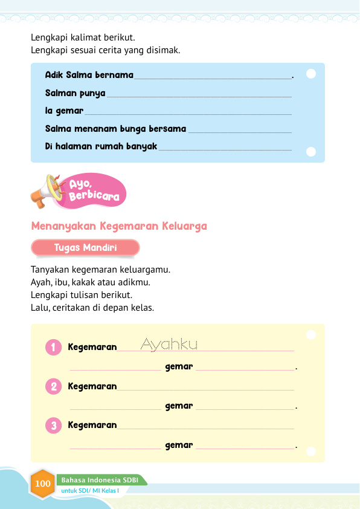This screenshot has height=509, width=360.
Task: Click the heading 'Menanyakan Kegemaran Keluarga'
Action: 119,227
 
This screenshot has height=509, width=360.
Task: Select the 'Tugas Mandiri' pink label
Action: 85,248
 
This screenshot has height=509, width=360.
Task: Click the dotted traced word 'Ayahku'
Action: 169,345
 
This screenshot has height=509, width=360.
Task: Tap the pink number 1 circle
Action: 54,347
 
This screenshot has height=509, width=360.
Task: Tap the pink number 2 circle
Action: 54,386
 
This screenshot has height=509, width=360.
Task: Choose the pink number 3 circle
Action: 54,426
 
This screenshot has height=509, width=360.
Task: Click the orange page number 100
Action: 43,484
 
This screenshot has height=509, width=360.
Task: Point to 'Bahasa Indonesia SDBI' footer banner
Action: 100,480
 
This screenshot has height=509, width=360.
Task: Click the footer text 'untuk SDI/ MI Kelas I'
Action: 94,490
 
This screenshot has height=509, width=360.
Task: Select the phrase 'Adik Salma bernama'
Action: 89,76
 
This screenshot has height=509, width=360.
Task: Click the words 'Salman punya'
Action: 75,94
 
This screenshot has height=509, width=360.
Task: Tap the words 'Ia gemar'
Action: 64,112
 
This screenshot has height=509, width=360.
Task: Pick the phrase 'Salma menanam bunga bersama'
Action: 115,129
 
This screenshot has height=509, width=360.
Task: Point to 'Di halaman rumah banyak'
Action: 101,146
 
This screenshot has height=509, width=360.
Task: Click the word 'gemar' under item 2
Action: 179,406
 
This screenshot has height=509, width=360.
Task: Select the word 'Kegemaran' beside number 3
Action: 92,425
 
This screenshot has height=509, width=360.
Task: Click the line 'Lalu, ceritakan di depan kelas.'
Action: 92,307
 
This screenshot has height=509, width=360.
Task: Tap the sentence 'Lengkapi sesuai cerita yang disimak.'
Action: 106,50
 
